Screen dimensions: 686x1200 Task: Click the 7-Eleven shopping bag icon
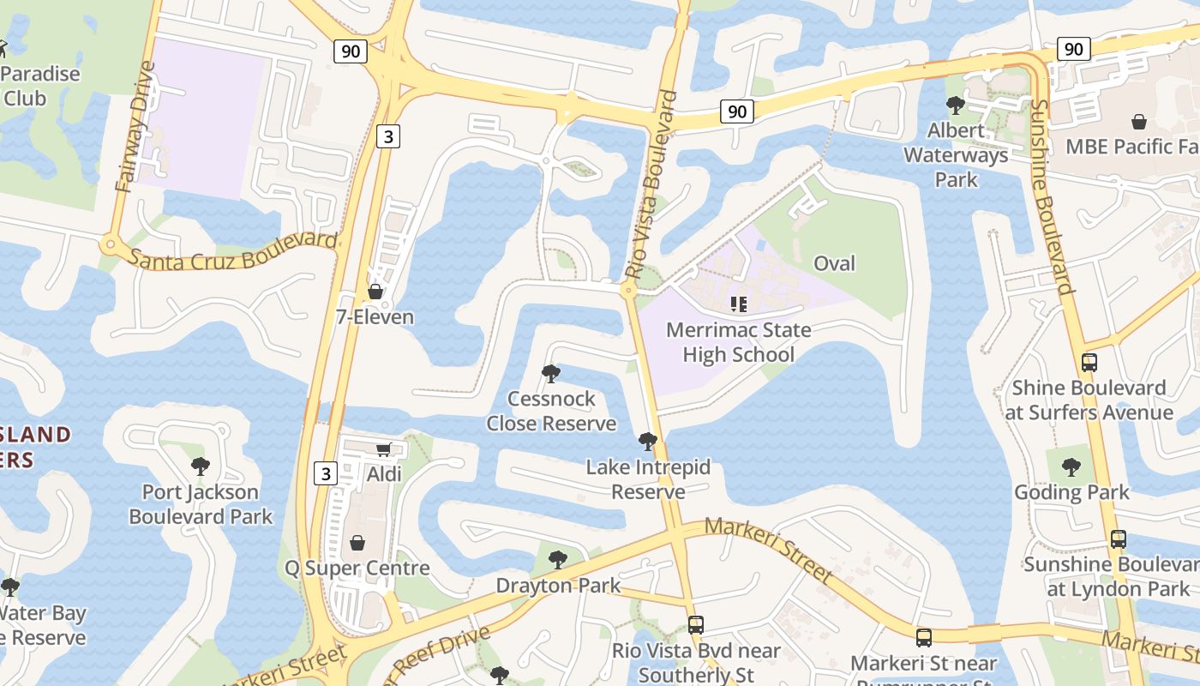[375, 292]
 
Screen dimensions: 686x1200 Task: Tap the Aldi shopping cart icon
[384, 449]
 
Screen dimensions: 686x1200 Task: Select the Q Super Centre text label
[357, 568]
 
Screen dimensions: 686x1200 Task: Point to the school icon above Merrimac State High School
[738, 304]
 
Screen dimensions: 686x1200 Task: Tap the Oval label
[834, 263]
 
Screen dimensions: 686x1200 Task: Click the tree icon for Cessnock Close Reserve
[551, 374]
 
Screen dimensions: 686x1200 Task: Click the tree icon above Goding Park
[1071, 467]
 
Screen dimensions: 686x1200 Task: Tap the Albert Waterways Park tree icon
[955, 105]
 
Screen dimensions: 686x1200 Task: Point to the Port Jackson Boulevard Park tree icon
[200, 466]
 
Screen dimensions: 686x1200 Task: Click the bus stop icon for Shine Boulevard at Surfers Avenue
[1089, 363]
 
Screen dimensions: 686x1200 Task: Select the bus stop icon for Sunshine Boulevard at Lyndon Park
[1118, 539]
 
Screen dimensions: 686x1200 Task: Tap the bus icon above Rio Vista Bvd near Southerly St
[695, 625]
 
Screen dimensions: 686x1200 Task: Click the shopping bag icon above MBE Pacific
[1139, 122]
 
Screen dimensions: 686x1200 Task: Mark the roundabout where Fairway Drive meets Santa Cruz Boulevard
[109, 244]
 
